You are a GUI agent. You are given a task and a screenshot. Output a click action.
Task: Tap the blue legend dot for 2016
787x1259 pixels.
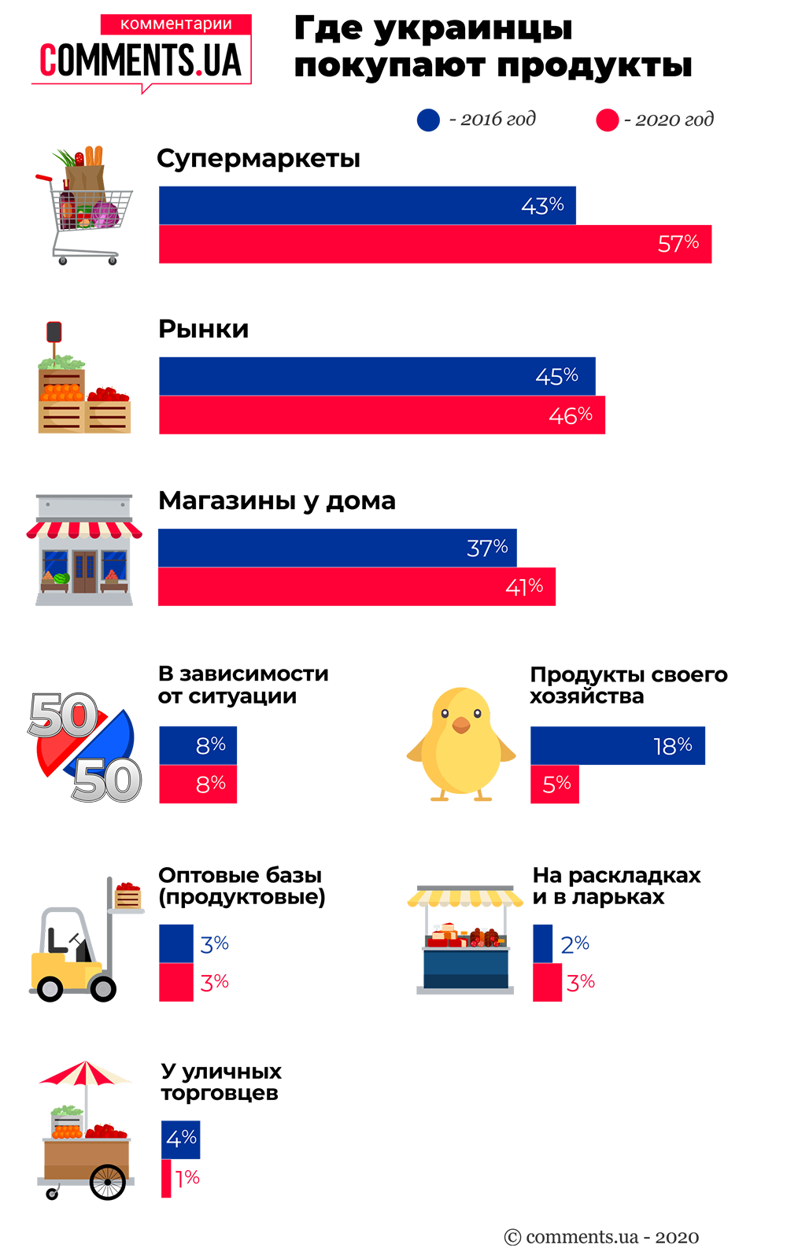pyautogui.click(x=428, y=120)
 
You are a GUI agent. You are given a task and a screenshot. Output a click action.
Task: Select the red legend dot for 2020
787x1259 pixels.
pyautogui.click(x=608, y=120)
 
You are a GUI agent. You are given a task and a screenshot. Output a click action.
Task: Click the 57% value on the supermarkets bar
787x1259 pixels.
pyautogui.click(x=678, y=243)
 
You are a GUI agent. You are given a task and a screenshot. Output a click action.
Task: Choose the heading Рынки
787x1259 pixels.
pyautogui.click(x=203, y=329)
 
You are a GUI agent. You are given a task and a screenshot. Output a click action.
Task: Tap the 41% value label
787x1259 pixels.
pyautogui.click(x=524, y=587)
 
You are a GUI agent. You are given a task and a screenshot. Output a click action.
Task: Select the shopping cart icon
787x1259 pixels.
pyautogui.click(x=85, y=206)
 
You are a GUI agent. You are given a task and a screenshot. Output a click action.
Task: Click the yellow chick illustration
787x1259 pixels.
pyautogui.click(x=461, y=744)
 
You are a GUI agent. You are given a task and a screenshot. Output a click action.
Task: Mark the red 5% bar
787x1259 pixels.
pyautogui.click(x=555, y=784)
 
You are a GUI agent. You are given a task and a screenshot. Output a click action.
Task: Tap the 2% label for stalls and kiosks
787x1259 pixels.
pyautogui.click(x=575, y=943)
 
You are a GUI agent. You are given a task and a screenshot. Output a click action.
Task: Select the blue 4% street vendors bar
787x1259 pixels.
pyautogui.click(x=181, y=1139)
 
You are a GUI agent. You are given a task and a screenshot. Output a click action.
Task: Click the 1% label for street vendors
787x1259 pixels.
pyautogui.click(x=187, y=1178)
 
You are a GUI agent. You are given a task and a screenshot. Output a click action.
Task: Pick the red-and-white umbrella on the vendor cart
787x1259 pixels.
pyautogui.click(x=85, y=1073)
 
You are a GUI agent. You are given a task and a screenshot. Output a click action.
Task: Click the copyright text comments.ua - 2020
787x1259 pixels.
pyautogui.click(x=601, y=1237)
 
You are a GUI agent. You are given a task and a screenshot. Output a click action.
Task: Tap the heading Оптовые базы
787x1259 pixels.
pyautogui.click(x=240, y=875)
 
